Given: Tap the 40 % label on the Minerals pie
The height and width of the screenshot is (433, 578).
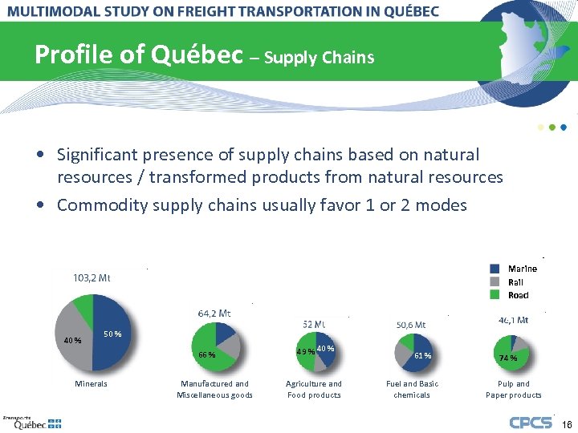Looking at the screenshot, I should tap(73, 340).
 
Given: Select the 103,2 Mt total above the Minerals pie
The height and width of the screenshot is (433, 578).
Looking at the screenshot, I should tap(92, 278).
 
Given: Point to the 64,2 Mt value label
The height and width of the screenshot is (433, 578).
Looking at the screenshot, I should tap(214, 313).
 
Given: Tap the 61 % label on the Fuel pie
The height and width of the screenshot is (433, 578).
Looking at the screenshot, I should tap(423, 355).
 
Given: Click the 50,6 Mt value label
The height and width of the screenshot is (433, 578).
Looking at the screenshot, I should tap(412, 325).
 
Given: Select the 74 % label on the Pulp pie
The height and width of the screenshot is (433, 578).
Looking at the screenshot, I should tap(507, 358).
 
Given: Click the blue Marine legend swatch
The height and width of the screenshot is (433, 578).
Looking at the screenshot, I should tap(495, 269).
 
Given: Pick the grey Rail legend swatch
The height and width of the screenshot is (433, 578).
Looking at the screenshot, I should tap(495, 281).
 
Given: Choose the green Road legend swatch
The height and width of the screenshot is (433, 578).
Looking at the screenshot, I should tap(495, 294).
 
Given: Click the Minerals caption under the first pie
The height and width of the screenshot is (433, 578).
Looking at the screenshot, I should tap(91, 384).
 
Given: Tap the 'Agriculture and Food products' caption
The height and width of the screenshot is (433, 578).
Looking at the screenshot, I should tap(314, 389).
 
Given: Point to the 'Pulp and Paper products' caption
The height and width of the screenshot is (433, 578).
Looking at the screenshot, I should tap(514, 389).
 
